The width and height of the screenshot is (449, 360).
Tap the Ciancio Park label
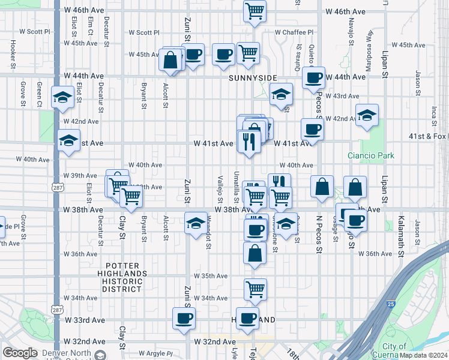[371, 155]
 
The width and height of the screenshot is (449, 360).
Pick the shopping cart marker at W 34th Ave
[255, 289]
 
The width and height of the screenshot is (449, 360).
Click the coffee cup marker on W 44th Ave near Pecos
[313, 77]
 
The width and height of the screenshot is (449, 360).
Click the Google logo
[20, 353]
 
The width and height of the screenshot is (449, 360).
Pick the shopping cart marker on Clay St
[130, 195]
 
